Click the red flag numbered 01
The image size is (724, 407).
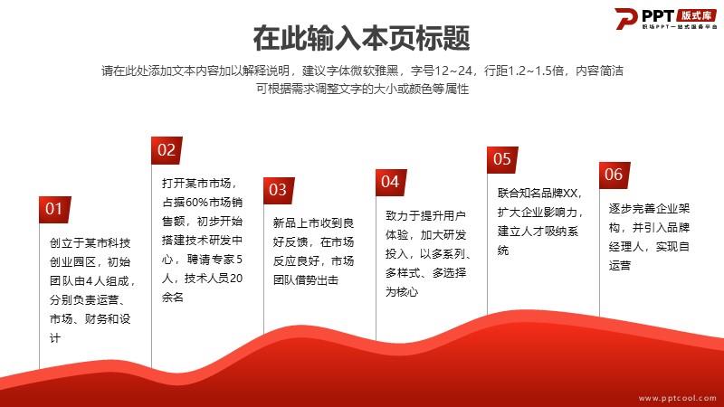(x=55, y=210)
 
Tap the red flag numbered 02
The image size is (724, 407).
(x=167, y=150)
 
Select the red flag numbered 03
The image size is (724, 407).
(x=279, y=190)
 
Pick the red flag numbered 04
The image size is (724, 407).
(x=391, y=183)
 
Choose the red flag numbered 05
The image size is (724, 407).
(x=502, y=160)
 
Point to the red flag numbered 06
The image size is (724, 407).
(x=614, y=175)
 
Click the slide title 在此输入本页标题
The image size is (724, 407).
(x=361, y=38)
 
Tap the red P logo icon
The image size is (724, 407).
(x=625, y=18)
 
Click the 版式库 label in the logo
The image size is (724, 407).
(x=696, y=15)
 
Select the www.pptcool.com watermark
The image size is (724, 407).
(x=677, y=398)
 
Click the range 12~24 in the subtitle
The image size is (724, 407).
(x=454, y=71)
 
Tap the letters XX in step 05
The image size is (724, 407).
(x=570, y=193)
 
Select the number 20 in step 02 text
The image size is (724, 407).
(x=236, y=279)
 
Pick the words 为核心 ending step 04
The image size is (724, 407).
(x=402, y=291)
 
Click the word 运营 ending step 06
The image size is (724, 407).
(x=620, y=265)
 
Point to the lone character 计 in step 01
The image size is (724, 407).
(x=55, y=338)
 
